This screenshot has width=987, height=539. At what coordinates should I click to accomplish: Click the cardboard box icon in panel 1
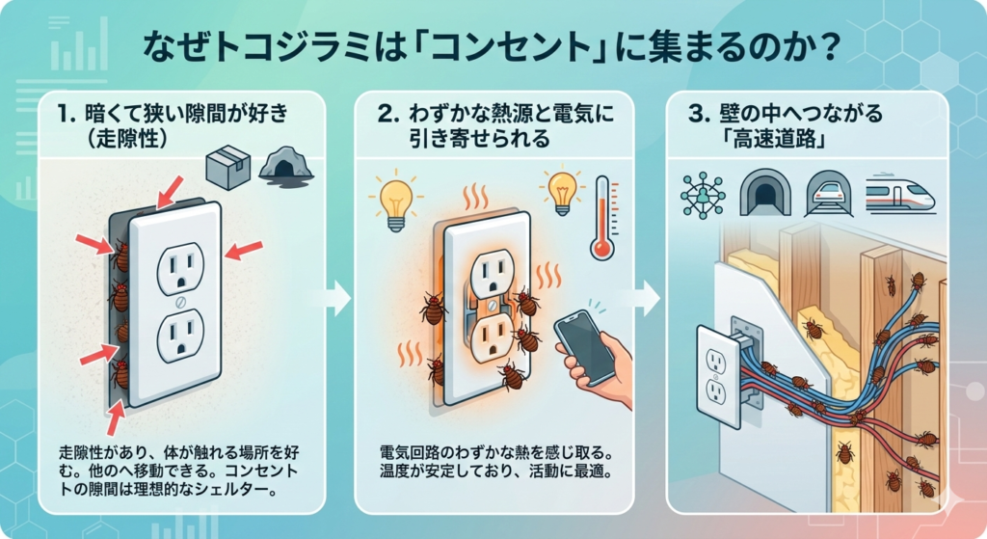(228, 170)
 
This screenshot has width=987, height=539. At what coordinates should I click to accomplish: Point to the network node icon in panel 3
(703, 196)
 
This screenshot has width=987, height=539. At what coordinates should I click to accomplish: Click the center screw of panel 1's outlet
(176, 302)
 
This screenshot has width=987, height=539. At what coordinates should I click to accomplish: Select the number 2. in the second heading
(387, 116)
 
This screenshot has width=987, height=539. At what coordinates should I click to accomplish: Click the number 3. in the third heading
(701, 116)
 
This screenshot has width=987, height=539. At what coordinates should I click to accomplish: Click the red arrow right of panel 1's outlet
(244, 251)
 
